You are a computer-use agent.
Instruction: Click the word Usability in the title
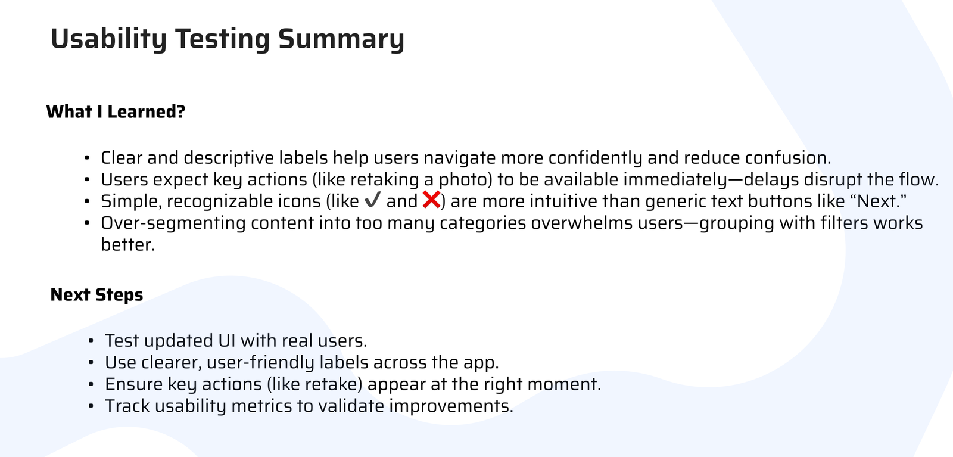108,39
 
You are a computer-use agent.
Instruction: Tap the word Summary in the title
341,39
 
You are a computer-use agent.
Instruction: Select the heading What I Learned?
116,111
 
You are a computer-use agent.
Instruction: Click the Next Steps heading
96,294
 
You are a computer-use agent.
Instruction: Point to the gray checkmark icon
372,200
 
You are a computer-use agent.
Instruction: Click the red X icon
431,200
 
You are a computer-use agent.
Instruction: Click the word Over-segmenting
173,223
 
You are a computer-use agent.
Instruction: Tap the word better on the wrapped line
128,245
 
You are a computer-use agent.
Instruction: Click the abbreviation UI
227,341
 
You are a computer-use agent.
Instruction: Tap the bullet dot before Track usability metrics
91,406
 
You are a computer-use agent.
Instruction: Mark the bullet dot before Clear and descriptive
87,158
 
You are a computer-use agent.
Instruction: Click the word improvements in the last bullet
451,406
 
